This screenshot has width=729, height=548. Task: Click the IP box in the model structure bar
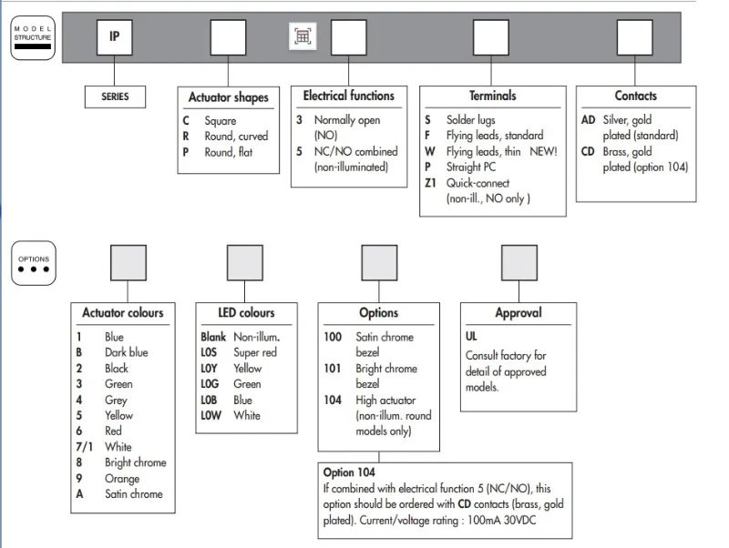coord(115,37)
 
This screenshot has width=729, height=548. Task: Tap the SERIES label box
coord(115,96)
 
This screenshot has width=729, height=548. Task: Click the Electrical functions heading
coord(349,96)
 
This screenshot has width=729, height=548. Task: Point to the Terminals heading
coord(492,96)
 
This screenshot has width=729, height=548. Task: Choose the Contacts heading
coord(635,96)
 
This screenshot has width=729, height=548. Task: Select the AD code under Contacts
coord(589,120)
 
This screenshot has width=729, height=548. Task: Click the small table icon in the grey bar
coord(303,36)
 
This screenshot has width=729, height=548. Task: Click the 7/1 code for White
coord(84,447)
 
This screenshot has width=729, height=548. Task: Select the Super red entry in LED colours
coord(254,353)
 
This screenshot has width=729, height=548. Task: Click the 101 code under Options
coord(334,369)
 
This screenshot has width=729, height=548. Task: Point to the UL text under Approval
coord(472,337)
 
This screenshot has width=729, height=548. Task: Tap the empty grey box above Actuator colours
coord(128,263)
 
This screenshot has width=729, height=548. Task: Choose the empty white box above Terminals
coord(491,37)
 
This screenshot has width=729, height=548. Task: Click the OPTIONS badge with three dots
coord(33,264)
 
